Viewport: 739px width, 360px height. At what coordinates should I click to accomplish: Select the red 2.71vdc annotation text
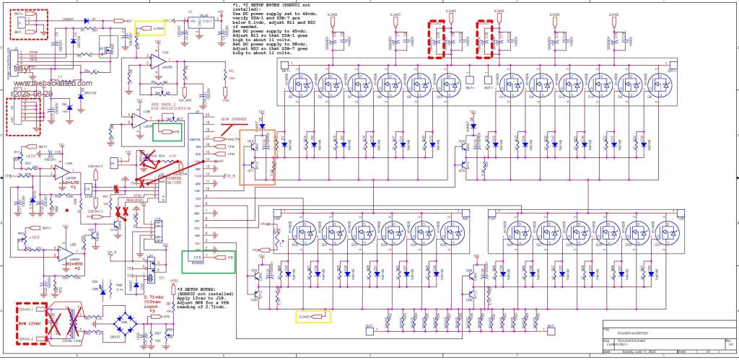154,297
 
